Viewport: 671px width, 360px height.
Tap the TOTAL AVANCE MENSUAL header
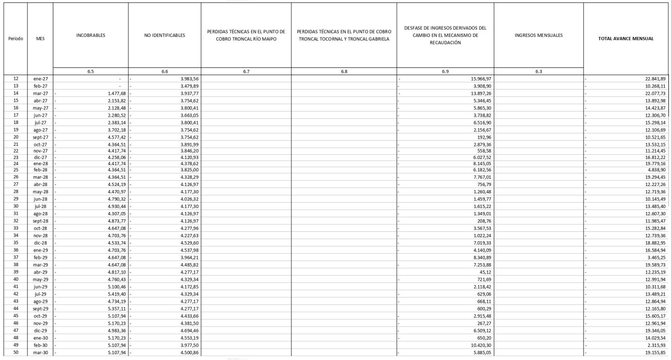click(x=627, y=38)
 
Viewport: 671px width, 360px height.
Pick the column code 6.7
click(x=246, y=71)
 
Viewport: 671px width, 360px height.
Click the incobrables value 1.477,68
click(x=113, y=92)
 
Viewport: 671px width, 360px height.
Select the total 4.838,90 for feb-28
click(x=657, y=170)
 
